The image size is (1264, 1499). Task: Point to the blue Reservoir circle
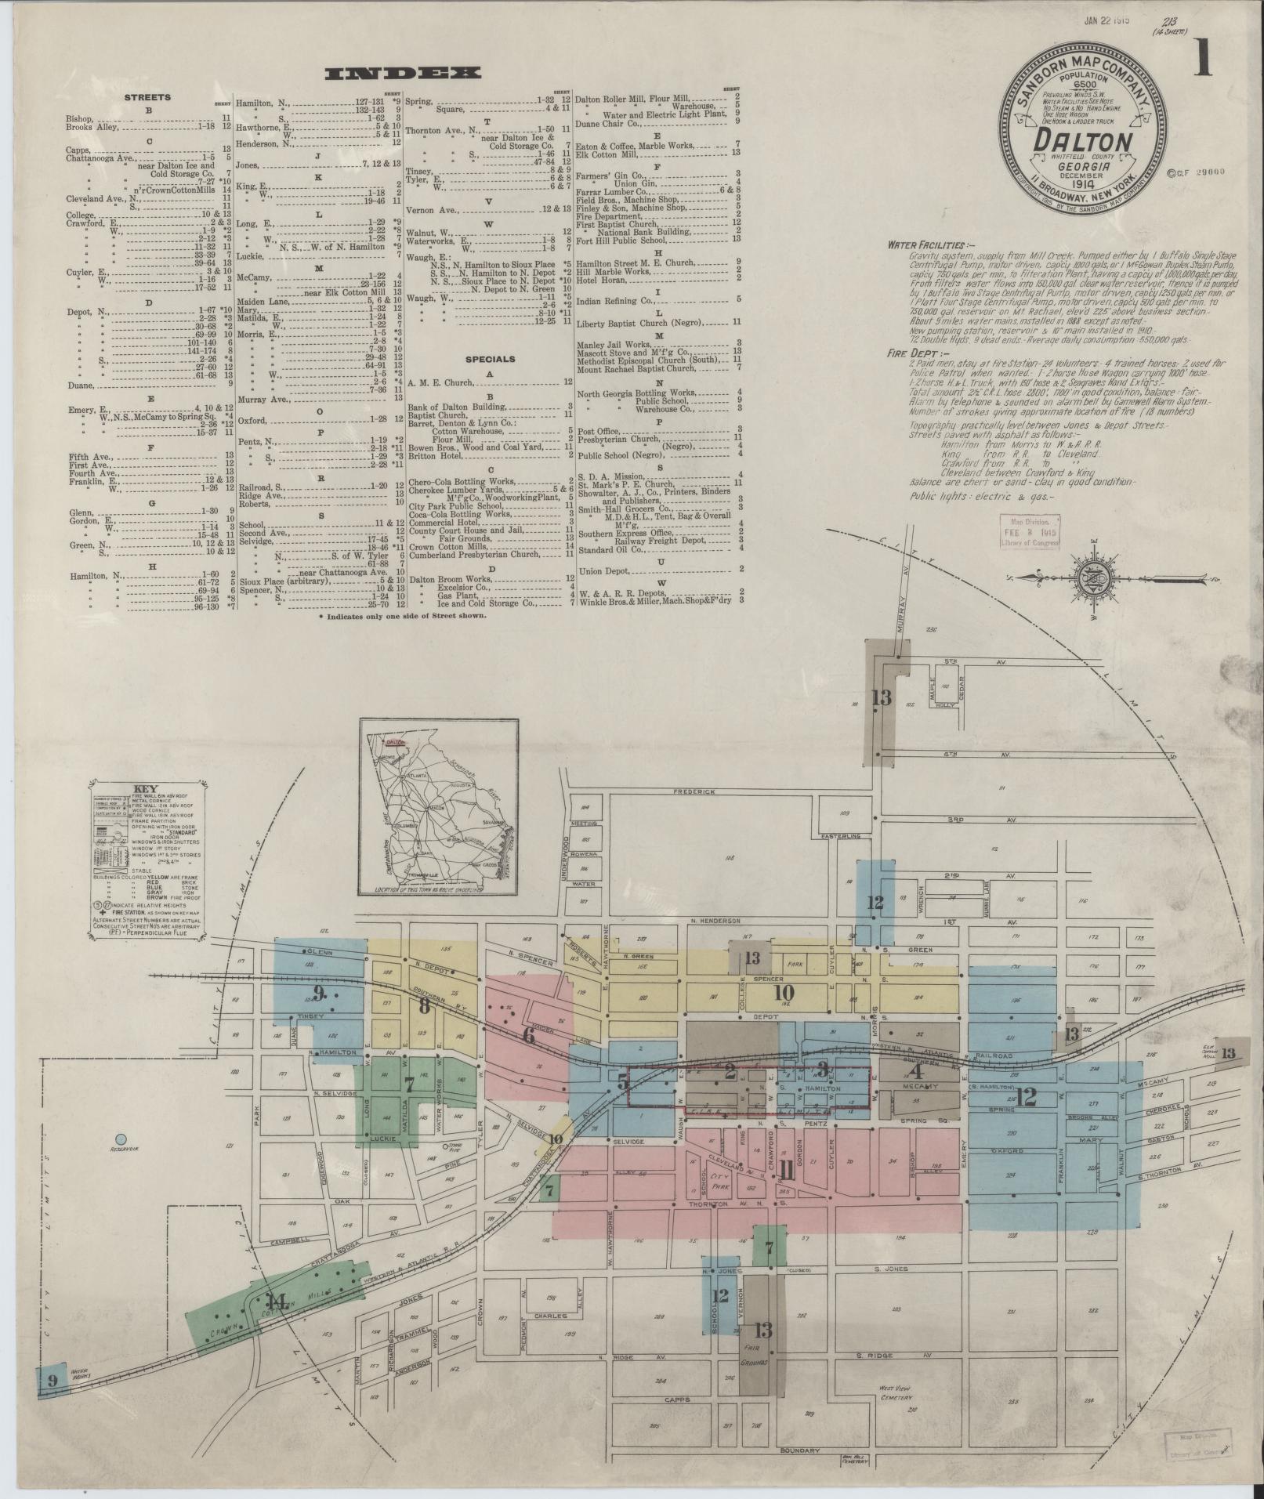tap(120, 1139)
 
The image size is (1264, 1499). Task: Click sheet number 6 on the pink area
tap(528, 1036)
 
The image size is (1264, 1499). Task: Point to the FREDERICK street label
tap(695, 791)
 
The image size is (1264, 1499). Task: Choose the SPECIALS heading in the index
tap(490, 360)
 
